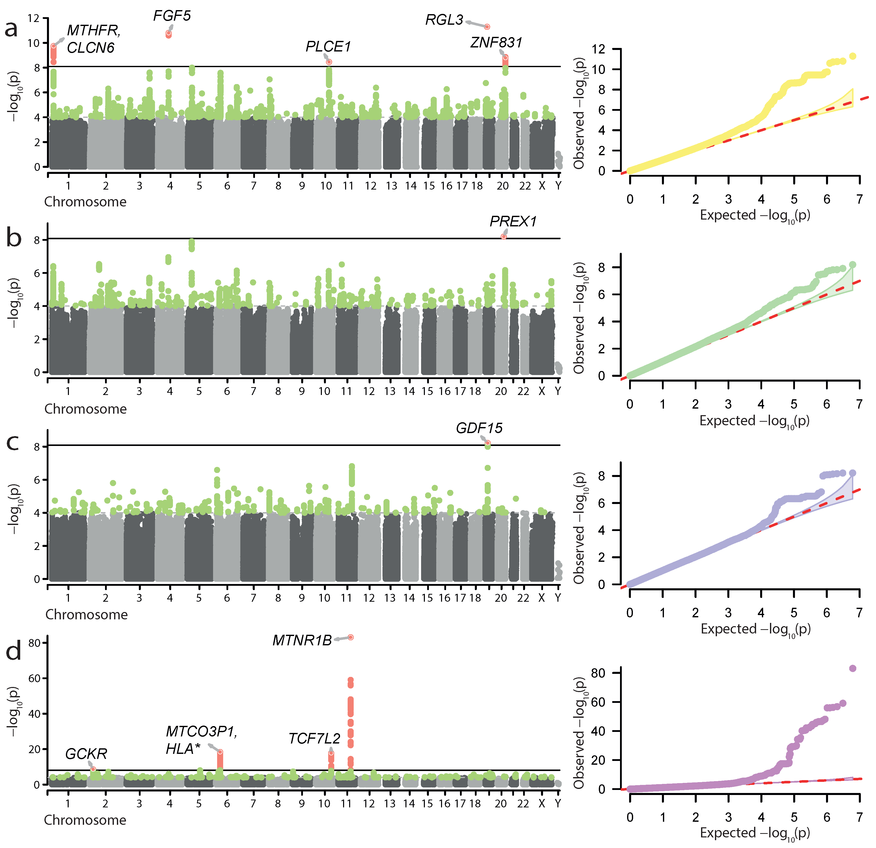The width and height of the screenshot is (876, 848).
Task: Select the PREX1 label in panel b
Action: click(513, 222)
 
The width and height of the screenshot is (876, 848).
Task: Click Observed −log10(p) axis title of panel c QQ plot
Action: click(580, 528)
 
